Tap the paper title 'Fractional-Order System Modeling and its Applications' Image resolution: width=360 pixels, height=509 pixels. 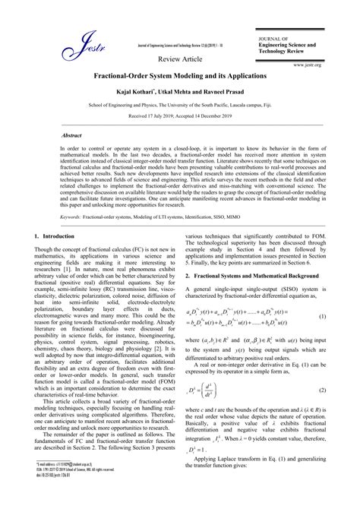179,77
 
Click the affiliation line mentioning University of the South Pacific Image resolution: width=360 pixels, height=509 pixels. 179,106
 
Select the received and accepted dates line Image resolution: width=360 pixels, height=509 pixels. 179,118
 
